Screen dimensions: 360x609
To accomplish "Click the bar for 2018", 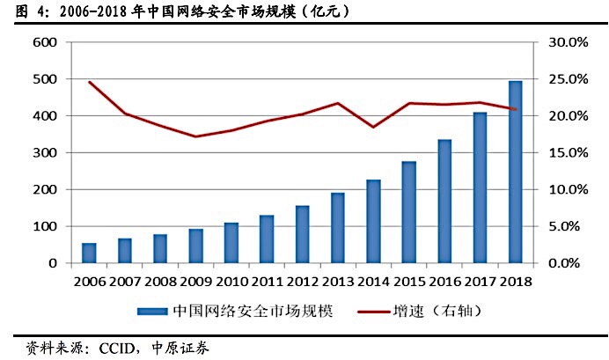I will pos(515,172).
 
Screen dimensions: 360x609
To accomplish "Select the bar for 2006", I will pos(89,253).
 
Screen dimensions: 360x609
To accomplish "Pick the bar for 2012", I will pos(302,234).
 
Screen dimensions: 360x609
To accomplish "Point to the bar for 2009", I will pos(195,246).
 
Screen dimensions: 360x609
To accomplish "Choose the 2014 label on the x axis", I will pos(373,282).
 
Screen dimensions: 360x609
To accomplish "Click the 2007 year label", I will pos(124,282).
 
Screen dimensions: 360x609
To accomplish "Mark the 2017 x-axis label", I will pos(480,282).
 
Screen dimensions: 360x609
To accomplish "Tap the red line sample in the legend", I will pos(378,311).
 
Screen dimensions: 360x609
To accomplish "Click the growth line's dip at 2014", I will pos(373,127).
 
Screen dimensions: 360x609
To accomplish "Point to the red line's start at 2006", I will pos(89,82).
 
